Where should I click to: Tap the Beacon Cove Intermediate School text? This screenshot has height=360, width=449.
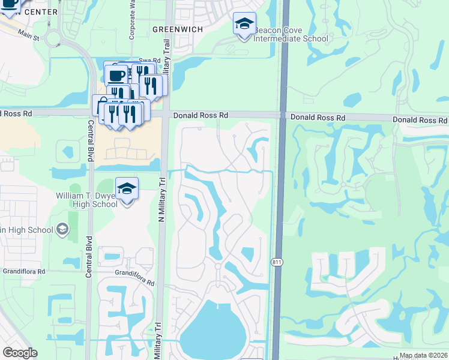point(291,35)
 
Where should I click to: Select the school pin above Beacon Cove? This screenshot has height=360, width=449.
point(244,25)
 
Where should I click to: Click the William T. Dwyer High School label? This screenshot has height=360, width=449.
point(87,200)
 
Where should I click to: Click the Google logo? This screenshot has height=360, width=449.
point(20,353)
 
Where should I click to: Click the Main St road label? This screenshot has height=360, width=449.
point(28,35)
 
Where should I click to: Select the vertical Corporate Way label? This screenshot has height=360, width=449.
point(131,21)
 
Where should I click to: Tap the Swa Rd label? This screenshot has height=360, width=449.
point(150,61)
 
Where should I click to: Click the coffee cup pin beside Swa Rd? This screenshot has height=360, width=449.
point(116,76)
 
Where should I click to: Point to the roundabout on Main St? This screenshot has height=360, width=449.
point(54,40)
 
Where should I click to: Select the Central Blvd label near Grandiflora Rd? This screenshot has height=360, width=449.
point(90,251)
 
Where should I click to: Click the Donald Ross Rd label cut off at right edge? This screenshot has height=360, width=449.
point(420,121)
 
